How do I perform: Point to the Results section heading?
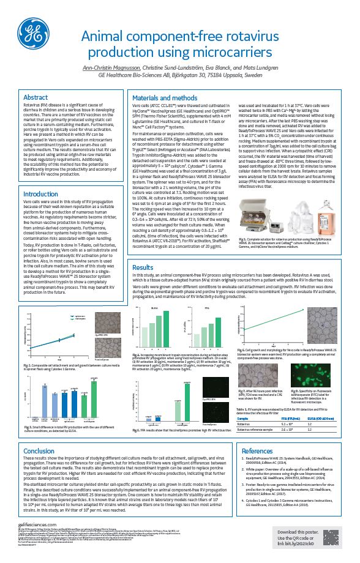[x=143, y=267]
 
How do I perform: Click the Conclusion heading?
[x=39, y=451]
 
